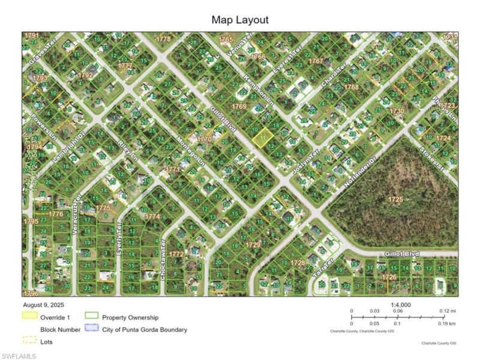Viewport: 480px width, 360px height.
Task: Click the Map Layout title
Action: pos(240,20)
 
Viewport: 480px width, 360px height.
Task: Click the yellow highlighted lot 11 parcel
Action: pos(260,138)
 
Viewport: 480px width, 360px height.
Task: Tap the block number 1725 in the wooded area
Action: pos(395,199)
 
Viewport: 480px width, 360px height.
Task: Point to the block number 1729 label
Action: pos(254,245)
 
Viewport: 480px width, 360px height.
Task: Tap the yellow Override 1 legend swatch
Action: pos(30,317)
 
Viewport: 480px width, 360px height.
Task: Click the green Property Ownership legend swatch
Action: pos(92,317)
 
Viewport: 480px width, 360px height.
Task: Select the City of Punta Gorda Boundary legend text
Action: pos(144,329)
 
